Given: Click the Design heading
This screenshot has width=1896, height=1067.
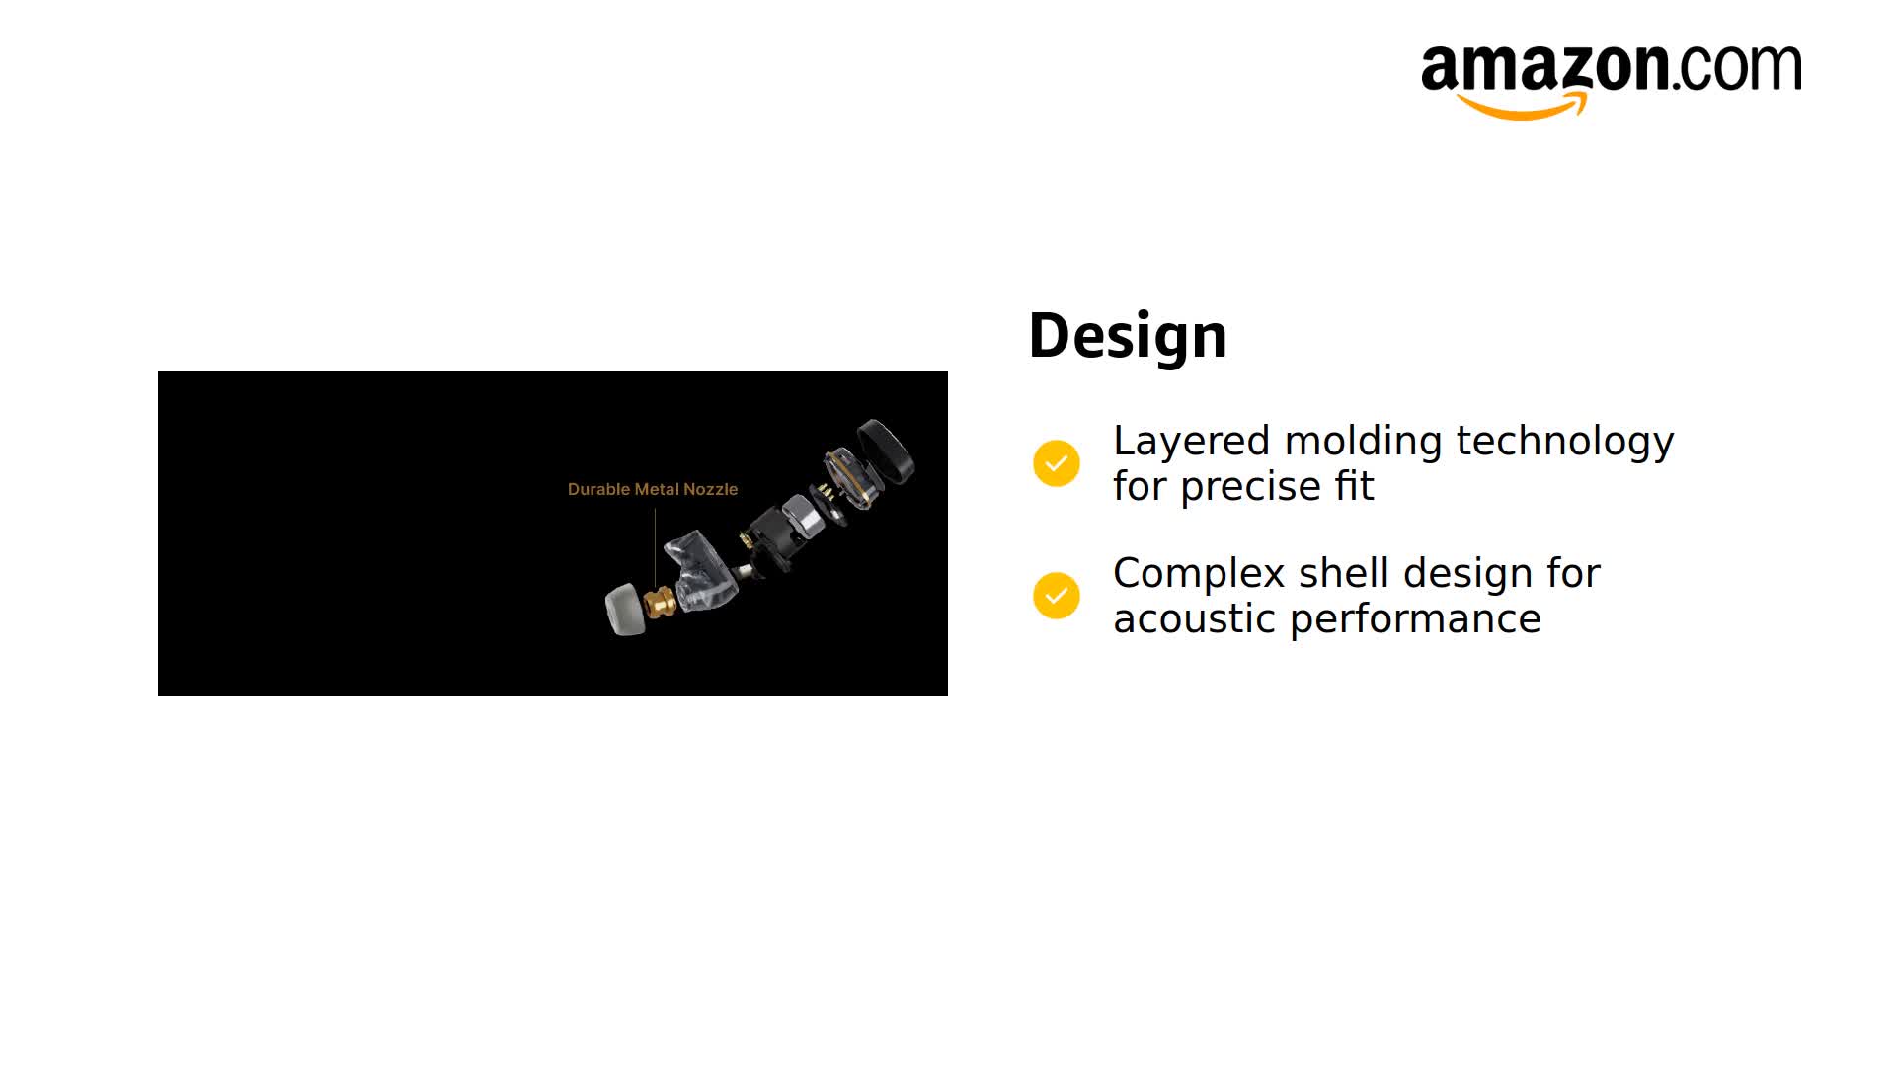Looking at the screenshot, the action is tap(1128, 336).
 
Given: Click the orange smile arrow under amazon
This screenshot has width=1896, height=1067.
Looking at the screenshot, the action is tap(1522, 106).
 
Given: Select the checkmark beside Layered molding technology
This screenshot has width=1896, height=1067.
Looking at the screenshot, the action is tap(1057, 463).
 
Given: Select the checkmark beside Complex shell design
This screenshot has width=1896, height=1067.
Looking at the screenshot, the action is tap(1057, 596).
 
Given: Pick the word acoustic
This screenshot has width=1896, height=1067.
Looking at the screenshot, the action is tap(1194, 619).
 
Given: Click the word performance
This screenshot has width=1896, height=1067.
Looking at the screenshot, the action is tap(1415, 619).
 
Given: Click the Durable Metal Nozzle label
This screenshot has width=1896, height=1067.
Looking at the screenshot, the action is tap(653, 489).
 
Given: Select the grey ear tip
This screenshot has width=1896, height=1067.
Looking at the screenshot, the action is tap(624, 610).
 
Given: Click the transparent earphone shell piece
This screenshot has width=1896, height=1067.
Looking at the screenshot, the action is tap(701, 570).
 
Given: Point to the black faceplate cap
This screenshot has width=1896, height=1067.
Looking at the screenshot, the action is tap(886, 451).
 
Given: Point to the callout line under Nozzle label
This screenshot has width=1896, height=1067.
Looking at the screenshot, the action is tap(655, 547).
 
